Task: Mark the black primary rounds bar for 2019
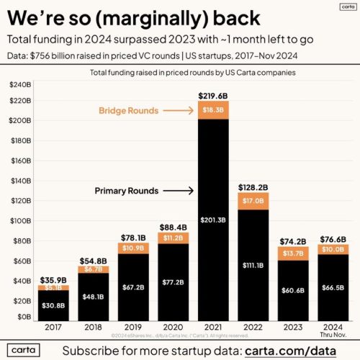pyautogui.click(x=133, y=288)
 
